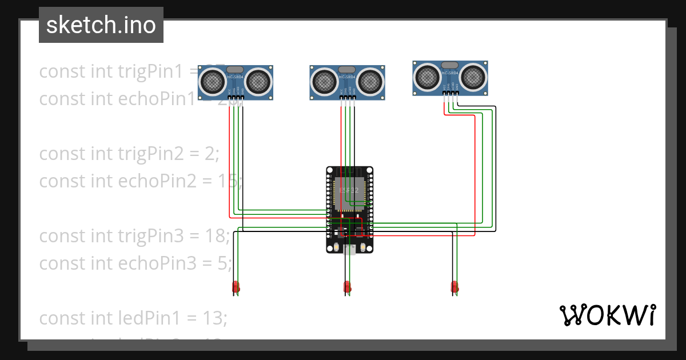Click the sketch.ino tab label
tap(101, 25)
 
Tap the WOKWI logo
tap(607, 315)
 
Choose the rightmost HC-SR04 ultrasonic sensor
tap(450, 77)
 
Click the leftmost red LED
tap(236, 287)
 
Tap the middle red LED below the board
tap(346, 287)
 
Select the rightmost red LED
tap(454, 286)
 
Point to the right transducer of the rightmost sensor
tap(473, 76)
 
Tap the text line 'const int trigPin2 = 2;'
tap(129, 154)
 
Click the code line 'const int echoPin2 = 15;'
tap(141, 181)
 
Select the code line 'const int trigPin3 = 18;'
tap(135, 235)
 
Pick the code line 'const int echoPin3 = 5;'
tap(135, 263)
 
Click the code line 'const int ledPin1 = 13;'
tap(133, 318)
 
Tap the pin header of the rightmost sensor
tap(450, 93)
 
